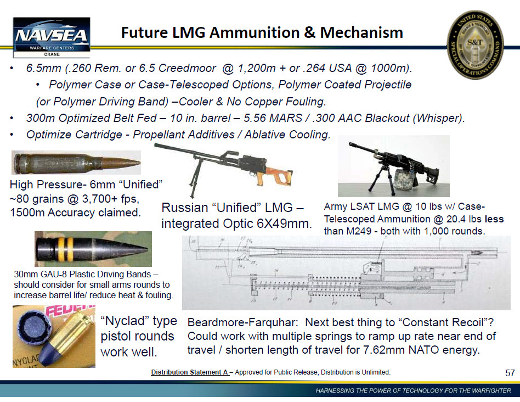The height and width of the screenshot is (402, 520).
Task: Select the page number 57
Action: (510, 373)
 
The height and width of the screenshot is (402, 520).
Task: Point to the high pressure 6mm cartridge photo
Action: (76, 163)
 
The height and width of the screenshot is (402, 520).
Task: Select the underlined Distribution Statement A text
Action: (190, 372)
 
